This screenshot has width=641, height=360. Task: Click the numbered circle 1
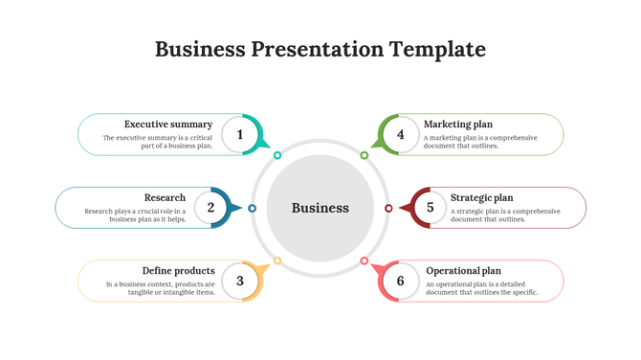click(240, 135)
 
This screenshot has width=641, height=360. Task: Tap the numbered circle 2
click(210, 208)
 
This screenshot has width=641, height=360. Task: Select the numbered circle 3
click(240, 281)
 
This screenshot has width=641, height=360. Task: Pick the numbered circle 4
click(401, 135)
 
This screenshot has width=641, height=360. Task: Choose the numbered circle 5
click(431, 208)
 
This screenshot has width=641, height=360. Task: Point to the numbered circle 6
click(401, 281)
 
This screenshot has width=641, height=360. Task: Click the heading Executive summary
click(168, 124)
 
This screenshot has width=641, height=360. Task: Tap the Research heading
click(165, 198)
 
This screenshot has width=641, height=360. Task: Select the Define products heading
click(179, 271)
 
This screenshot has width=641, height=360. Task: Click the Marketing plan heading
click(458, 124)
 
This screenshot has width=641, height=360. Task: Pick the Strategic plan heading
click(481, 198)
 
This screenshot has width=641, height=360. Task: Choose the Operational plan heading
click(464, 271)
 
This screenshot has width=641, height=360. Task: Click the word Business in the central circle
click(320, 208)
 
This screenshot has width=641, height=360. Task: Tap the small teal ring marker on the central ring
click(277, 155)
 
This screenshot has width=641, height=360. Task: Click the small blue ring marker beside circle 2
click(253, 208)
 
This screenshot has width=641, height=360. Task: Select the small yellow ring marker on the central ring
click(277, 260)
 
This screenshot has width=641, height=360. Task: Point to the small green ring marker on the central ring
click(365, 155)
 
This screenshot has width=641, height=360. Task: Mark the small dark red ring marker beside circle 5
click(388, 208)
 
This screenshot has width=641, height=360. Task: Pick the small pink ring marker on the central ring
click(365, 260)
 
